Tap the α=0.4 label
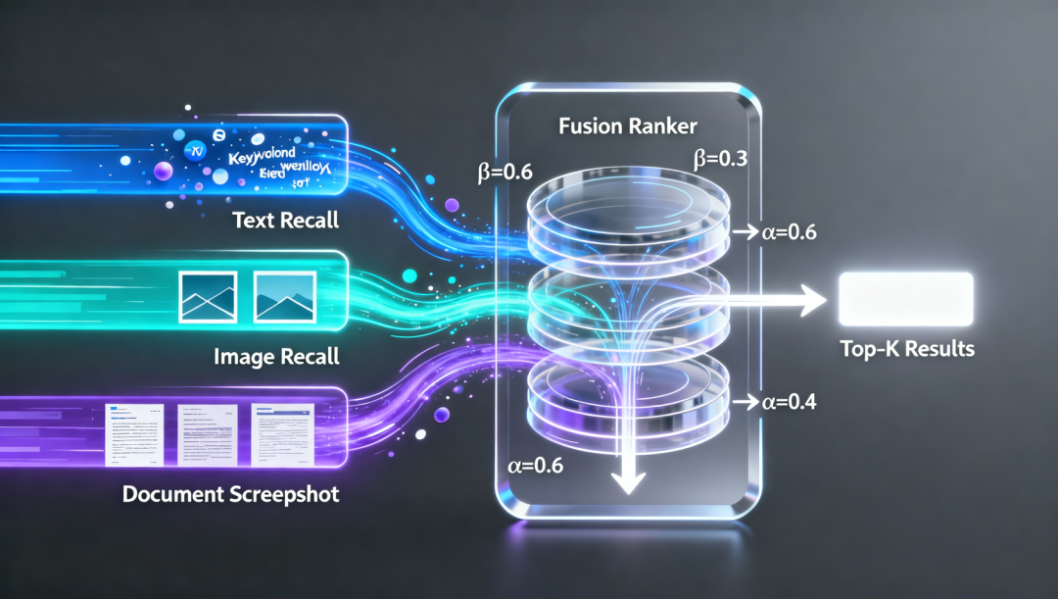click(x=791, y=401)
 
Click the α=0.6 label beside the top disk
click(x=789, y=232)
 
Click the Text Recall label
click(x=285, y=220)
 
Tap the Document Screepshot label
click(x=231, y=493)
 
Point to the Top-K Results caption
click(x=907, y=348)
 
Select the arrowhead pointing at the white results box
click(x=811, y=300)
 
